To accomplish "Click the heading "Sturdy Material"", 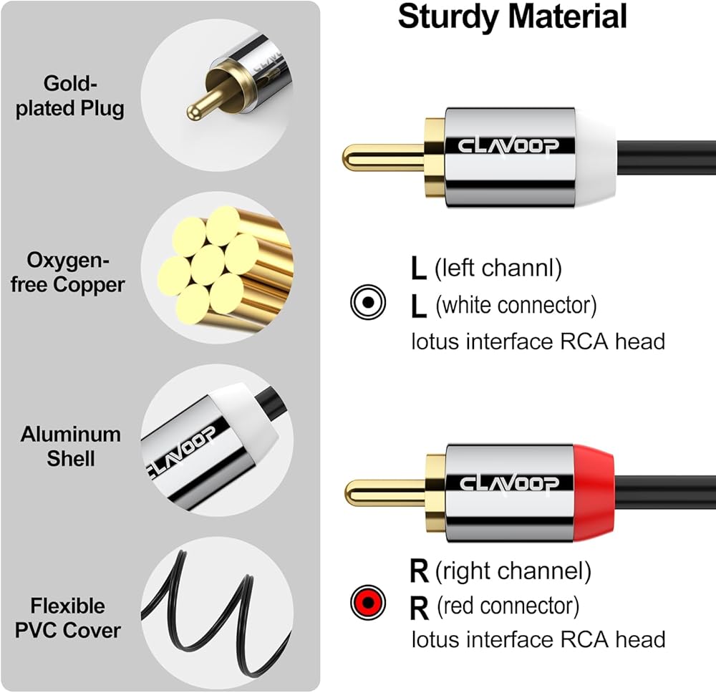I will coord(512,17).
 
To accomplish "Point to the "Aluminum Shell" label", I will coord(70,445).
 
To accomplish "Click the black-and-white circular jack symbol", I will coord(368,303).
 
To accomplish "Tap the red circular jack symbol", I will coord(368,602).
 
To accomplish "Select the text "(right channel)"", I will coord(513,571).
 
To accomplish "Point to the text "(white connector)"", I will coord(516,306).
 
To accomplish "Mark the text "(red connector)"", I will coord(507,606).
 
